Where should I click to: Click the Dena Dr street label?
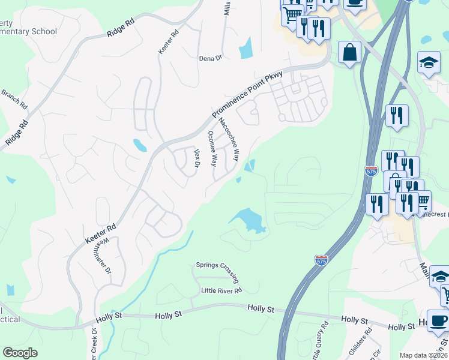pos(211,58)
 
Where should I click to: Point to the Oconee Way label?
pos(212,148)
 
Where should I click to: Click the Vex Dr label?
pos(196,158)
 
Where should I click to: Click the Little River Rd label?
pos(221,290)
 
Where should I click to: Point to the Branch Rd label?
pos(14,98)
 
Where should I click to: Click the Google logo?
pos(20,353)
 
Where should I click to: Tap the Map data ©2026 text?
pos(423,355)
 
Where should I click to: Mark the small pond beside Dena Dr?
pos(246,48)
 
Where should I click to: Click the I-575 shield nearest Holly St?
pos(321,260)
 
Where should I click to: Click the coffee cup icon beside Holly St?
pos(437,321)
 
